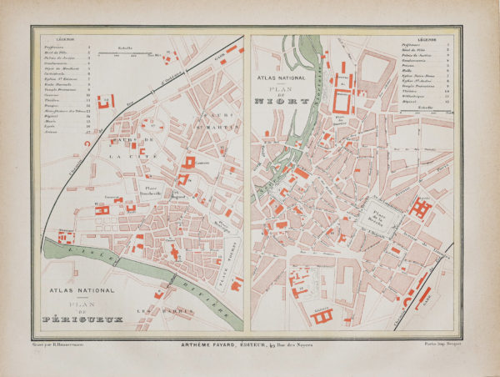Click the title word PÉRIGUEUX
click(x=77, y=318)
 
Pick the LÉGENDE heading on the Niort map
click(x=429, y=38)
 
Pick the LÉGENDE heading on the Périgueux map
click(x=65, y=38)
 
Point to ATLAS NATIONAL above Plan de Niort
click(x=277, y=77)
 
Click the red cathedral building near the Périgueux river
click(x=174, y=248)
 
